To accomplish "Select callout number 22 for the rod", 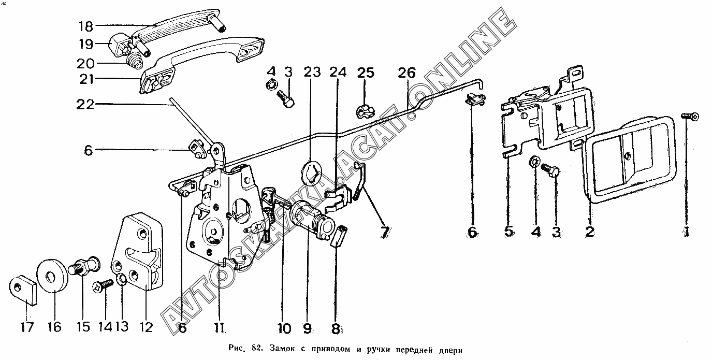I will pyautogui.click(x=84, y=104).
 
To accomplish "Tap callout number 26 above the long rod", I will pyautogui.click(x=407, y=73).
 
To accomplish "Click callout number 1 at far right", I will pyautogui.click(x=687, y=231).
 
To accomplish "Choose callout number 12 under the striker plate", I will pyautogui.click(x=147, y=327).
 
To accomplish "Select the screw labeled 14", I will pyautogui.click(x=105, y=284).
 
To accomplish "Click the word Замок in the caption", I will pyautogui.click(x=280, y=349).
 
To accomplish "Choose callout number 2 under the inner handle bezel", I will pyautogui.click(x=589, y=231).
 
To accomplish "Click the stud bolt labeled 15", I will pyautogui.click(x=84, y=266).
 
